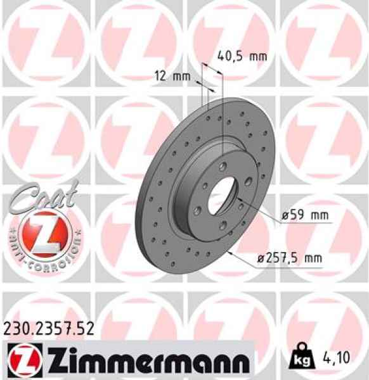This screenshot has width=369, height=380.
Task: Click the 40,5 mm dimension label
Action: [240, 56]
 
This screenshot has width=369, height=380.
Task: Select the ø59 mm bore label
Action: [306, 215]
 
